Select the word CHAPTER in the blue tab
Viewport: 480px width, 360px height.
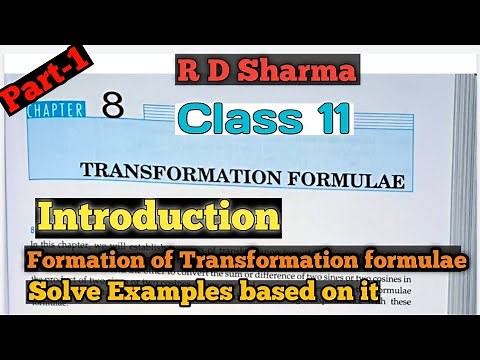54,111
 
